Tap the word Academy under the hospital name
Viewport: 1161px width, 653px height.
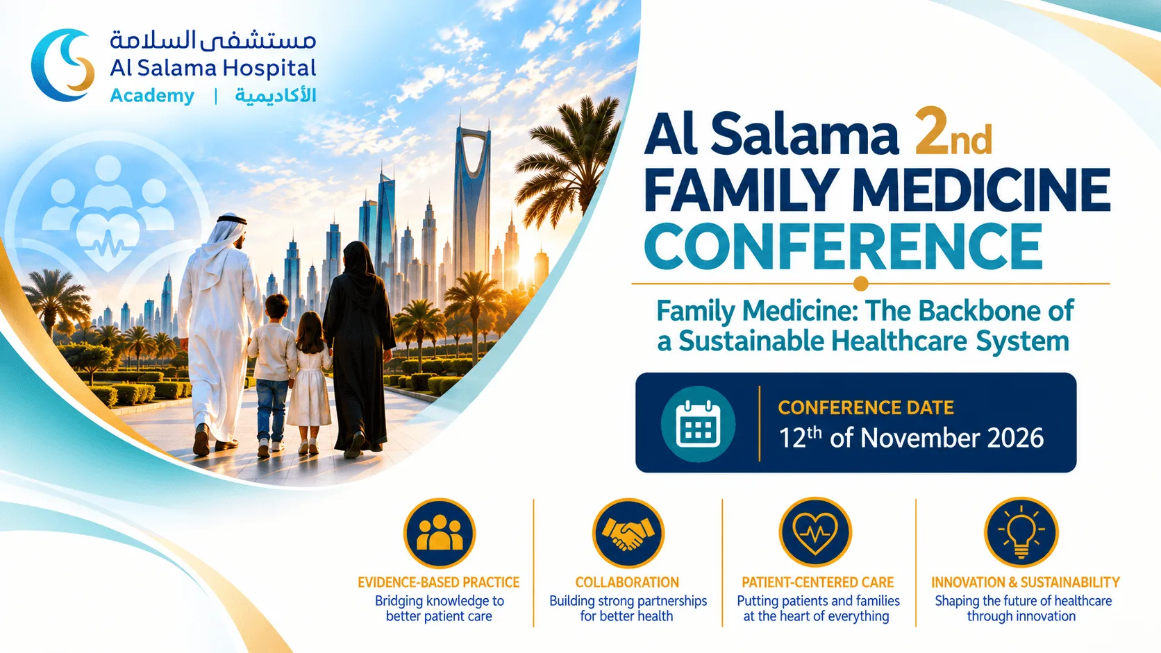pyautogui.click(x=152, y=96)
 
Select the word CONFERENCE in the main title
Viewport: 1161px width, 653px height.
pyautogui.click(x=843, y=246)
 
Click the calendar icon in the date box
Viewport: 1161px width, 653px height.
pyautogui.click(x=698, y=423)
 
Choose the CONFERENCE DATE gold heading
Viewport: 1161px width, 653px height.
pyautogui.click(x=866, y=407)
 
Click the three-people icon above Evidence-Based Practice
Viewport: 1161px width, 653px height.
pyautogui.click(x=440, y=534)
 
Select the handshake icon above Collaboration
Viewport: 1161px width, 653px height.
pyautogui.click(x=628, y=534)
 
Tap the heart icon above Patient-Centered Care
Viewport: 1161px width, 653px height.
pyautogui.click(x=815, y=532)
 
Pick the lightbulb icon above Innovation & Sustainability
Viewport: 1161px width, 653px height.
pyautogui.click(x=1021, y=532)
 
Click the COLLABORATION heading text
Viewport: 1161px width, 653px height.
pyautogui.click(x=627, y=583)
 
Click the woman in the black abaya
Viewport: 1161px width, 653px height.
pyautogui.click(x=358, y=347)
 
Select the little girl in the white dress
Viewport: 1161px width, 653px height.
pyautogui.click(x=310, y=380)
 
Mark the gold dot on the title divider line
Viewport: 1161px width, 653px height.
pyautogui.click(x=860, y=284)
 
